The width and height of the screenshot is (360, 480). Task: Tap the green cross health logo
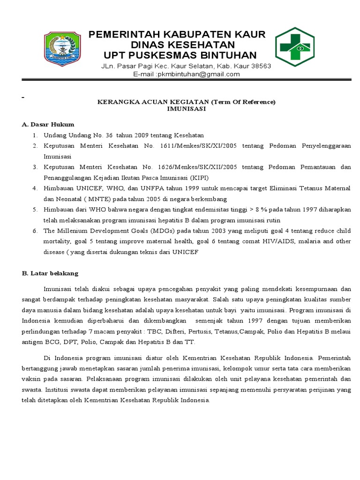(299, 47)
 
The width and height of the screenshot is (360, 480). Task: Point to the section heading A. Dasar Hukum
(48, 124)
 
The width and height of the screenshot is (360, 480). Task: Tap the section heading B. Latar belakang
(50, 273)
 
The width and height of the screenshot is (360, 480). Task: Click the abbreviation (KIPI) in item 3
(187, 178)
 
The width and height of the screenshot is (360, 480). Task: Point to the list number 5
(35, 209)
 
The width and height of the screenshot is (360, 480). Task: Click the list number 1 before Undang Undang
(35, 135)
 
